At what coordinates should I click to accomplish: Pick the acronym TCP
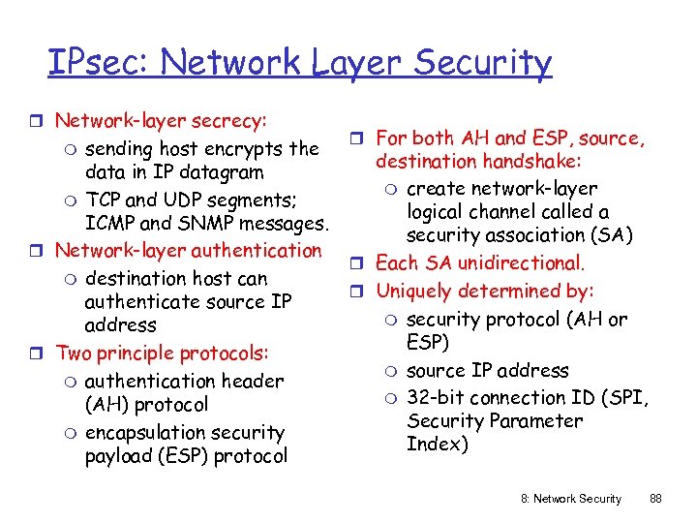point(104,200)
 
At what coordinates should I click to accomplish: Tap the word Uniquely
point(415,291)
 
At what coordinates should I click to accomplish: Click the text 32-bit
point(437,398)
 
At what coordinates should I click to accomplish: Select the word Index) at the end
point(438,445)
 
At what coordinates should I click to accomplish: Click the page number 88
point(655,499)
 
